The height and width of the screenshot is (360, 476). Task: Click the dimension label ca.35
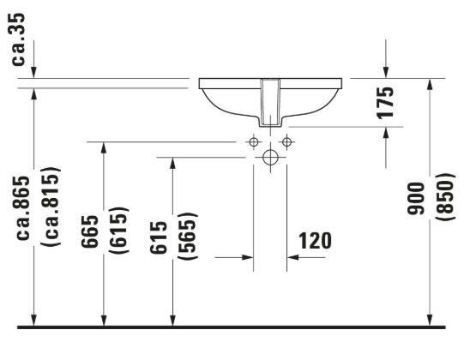click(x=18, y=39)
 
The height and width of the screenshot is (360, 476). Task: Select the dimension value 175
click(x=385, y=102)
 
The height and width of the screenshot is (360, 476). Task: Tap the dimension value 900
click(x=416, y=199)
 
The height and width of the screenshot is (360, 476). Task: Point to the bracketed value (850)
click(x=446, y=196)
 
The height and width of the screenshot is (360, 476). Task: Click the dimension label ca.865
click(x=23, y=208)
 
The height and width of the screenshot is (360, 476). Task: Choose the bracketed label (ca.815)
click(x=51, y=207)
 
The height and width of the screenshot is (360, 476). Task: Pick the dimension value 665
click(x=90, y=231)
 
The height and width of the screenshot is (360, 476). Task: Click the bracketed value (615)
click(x=118, y=230)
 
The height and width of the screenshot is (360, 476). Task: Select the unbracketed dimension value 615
click(x=159, y=237)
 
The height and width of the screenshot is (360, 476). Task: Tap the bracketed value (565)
click(x=187, y=236)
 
